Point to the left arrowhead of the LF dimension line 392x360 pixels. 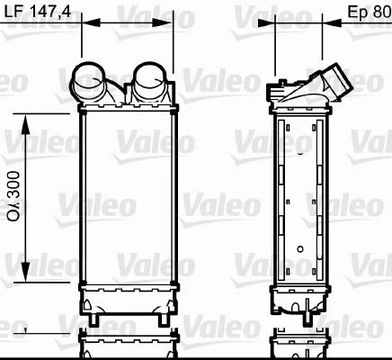tap(86, 26)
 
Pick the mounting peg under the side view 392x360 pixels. tap(310, 317)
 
